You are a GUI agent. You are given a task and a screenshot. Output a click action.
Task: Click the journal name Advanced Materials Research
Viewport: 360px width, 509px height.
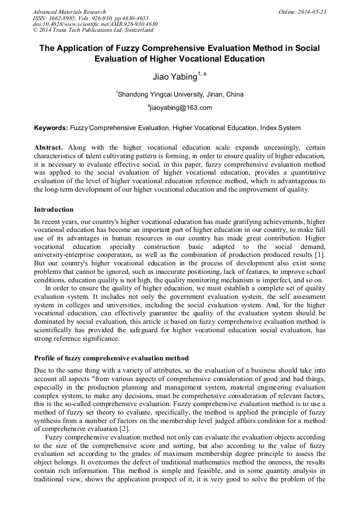[x=69, y=12]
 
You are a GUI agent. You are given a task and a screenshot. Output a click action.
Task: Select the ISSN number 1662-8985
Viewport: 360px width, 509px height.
[x=61, y=18]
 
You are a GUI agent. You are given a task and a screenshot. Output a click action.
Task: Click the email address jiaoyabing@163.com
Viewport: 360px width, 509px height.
[x=181, y=108]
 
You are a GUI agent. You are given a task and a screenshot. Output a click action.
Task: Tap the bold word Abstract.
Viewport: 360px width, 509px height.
[x=48, y=147]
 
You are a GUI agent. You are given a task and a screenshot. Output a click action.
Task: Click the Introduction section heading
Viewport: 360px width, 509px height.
[x=54, y=210]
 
